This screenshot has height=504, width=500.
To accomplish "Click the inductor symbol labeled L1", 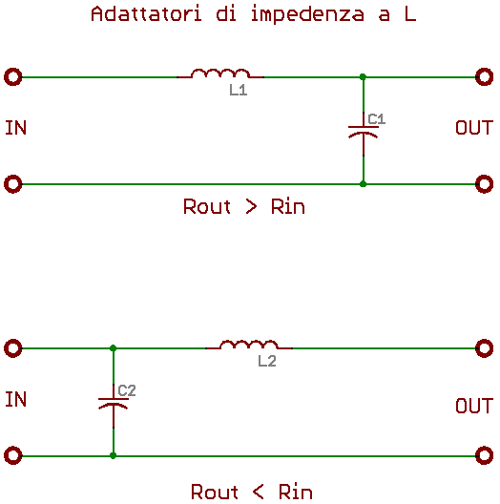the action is click(x=220, y=73).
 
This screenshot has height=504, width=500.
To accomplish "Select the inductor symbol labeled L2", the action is click(x=249, y=344).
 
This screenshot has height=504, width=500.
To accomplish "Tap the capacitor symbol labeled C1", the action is click(x=364, y=133).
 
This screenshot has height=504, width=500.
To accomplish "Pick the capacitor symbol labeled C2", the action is click(x=114, y=405).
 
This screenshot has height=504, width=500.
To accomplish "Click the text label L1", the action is click(x=239, y=91).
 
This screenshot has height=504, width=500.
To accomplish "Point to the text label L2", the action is click(x=267, y=361).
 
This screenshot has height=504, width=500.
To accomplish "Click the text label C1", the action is click(x=376, y=119).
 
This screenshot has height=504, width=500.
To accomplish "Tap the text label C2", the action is click(x=127, y=390).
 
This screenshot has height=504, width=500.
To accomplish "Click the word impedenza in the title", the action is click(x=307, y=14).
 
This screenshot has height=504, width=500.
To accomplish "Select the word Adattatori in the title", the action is click(x=147, y=14).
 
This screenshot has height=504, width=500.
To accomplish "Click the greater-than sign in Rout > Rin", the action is click(x=251, y=207).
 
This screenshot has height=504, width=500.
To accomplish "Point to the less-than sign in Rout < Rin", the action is click(x=259, y=493).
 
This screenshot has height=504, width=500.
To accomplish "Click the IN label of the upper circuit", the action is click(x=15, y=128).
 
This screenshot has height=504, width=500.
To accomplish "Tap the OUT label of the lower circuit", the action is click(x=474, y=406).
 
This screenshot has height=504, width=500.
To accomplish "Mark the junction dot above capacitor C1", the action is click(x=363, y=77).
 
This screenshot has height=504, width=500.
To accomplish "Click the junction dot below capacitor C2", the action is click(x=113, y=455).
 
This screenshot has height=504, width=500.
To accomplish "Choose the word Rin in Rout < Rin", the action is click(x=295, y=492).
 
